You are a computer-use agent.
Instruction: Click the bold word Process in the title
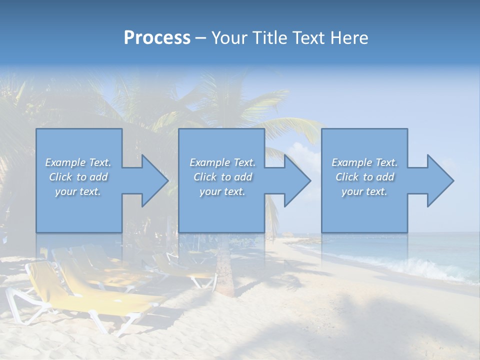(x=157, y=38)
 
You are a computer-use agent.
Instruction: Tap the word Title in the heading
(x=269, y=38)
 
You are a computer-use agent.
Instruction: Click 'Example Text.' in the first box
(x=78, y=162)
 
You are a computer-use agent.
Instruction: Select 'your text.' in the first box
(x=78, y=191)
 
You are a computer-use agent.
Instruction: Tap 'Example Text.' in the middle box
(x=222, y=162)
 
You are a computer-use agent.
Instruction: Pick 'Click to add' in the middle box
(x=222, y=177)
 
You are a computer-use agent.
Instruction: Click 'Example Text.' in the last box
(x=364, y=162)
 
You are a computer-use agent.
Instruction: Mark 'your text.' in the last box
(x=364, y=191)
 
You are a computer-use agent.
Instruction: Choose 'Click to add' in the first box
(x=78, y=177)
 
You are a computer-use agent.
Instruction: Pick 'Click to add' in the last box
(x=364, y=177)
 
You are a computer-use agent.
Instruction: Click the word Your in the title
(x=229, y=38)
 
